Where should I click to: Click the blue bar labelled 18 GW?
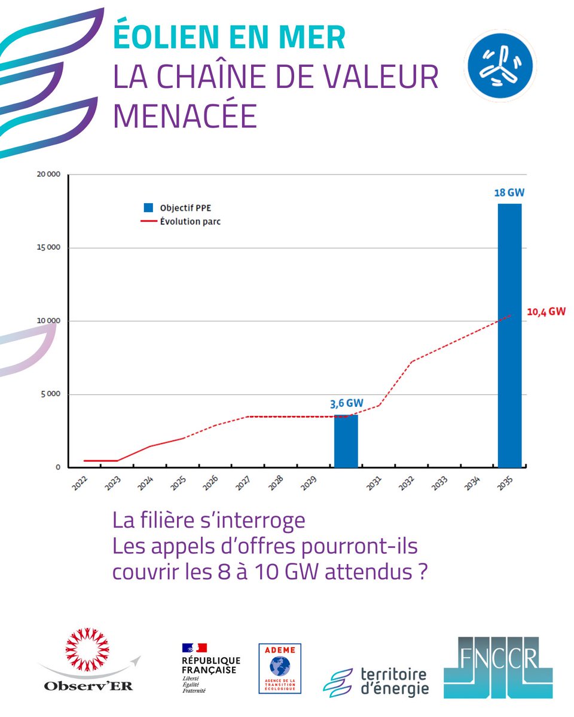click(509, 335)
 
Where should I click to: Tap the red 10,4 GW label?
click(546, 311)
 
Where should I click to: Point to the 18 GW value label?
click(509, 194)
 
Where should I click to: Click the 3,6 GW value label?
click(346, 403)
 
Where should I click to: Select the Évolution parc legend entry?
click(183, 221)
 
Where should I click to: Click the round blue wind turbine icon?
click(500, 65)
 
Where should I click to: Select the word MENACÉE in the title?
click(185, 116)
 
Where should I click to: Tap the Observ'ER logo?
click(90, 667)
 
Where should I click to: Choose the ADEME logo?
click(280, 668)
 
